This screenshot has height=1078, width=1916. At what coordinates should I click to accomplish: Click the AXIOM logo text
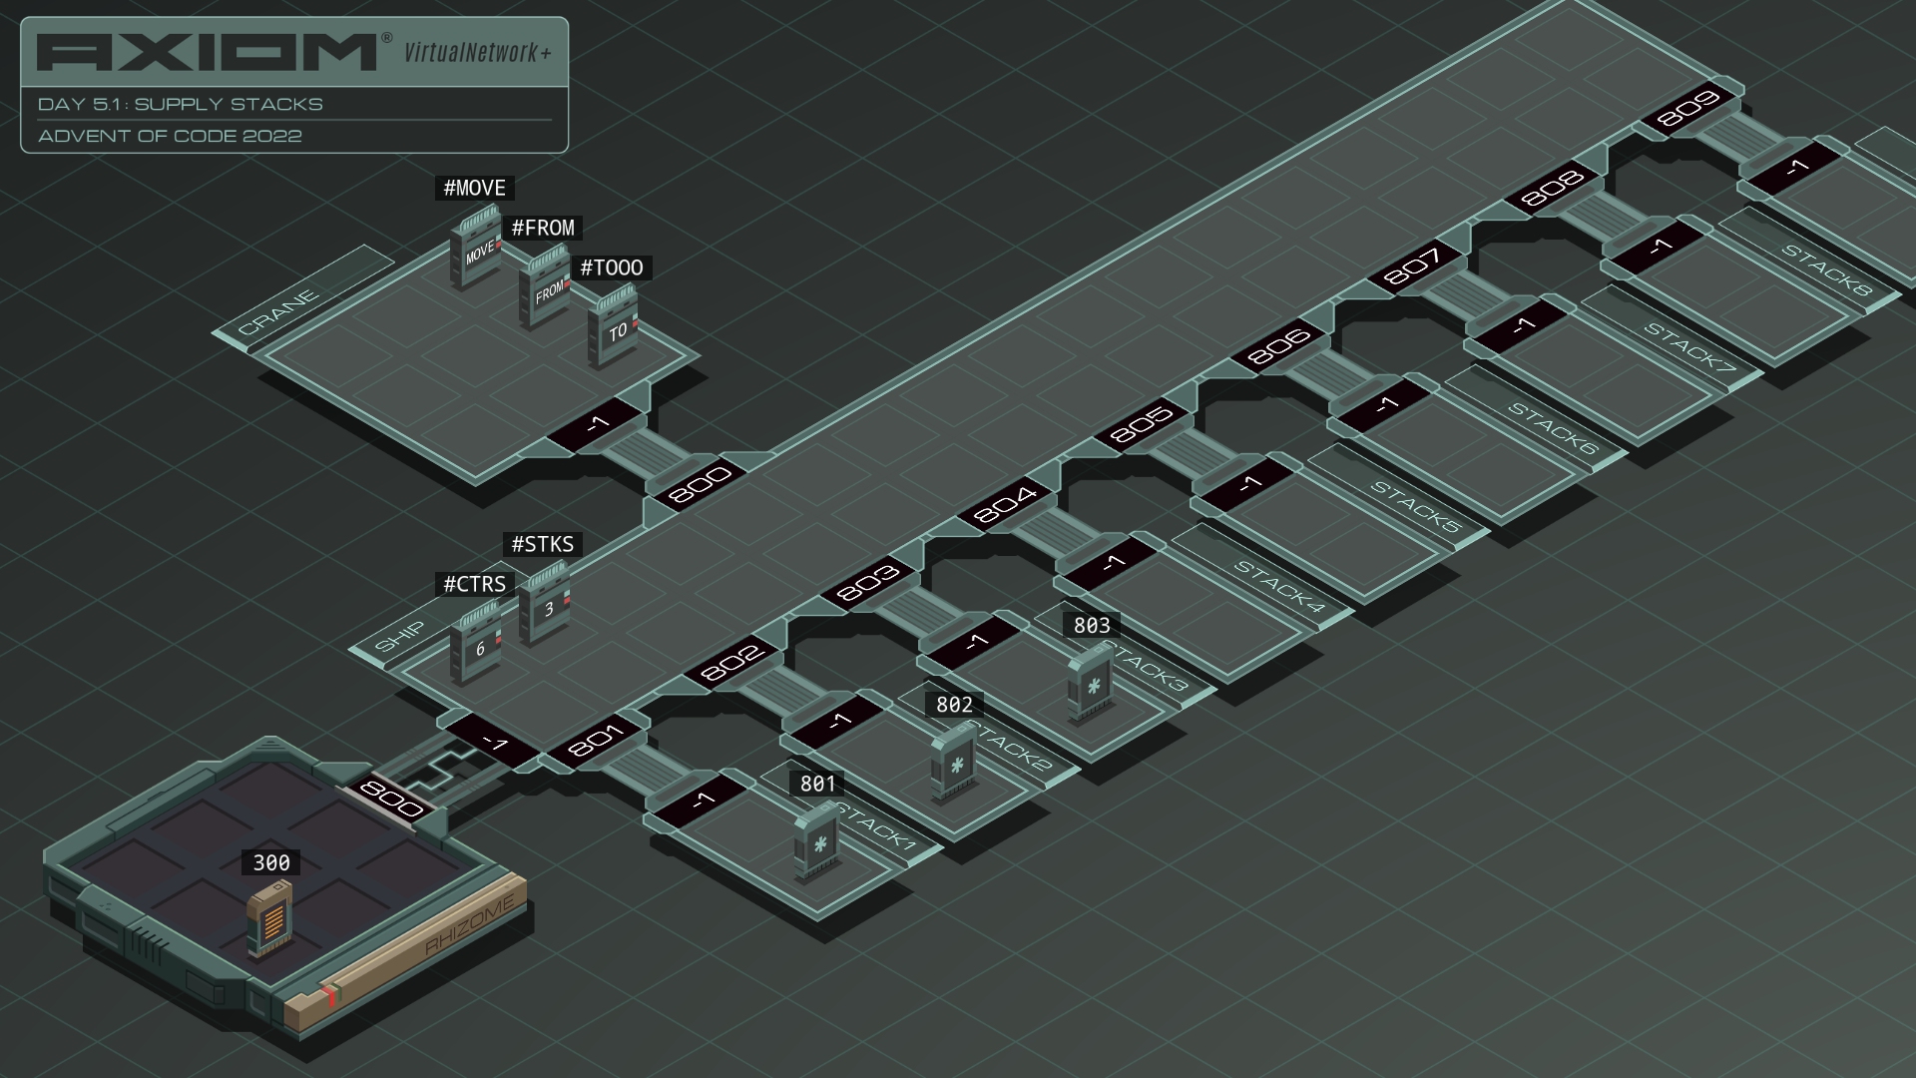pos(208,53)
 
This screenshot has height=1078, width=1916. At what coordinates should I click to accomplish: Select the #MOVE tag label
pos(475,188)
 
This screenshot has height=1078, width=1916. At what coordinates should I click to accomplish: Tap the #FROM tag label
pos(543,228)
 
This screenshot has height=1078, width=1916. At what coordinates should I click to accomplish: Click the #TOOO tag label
pos(612,268)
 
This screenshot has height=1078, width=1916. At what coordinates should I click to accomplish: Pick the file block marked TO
pos(613,326)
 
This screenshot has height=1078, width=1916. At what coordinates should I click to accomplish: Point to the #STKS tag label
pos(543,544)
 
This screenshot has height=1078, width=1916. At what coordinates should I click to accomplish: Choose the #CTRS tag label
pos(475,584)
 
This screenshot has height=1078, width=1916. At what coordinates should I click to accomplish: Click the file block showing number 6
pos(476,642)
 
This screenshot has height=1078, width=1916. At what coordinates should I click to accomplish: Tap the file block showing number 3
pos(544,602)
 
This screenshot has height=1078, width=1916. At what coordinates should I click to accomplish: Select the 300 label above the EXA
pos(271,862)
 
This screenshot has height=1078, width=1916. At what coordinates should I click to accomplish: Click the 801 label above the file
pos(818,784)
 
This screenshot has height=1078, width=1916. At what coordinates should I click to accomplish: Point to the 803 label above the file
pos(1092,625)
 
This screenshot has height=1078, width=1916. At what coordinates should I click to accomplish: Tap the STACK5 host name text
pos(1415,506)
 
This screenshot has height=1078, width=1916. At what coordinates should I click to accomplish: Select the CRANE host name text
pos(278,311)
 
